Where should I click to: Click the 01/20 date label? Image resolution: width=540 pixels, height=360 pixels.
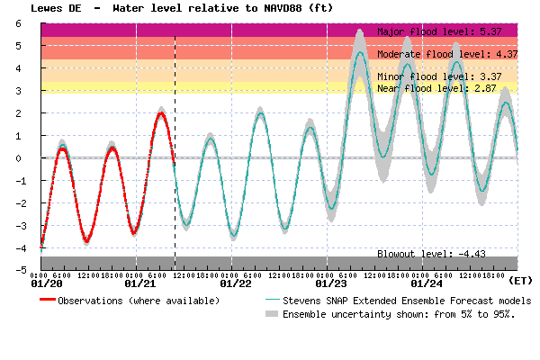click(x=47, y=284)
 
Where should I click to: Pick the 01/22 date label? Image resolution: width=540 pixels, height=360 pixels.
click(x=235, y=284)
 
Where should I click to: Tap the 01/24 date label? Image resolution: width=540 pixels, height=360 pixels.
click(x=425, y=284)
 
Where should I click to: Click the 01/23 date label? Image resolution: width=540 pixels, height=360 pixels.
click(x=329, y=284)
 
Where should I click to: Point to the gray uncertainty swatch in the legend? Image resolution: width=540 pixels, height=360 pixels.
click(x=272, y=315)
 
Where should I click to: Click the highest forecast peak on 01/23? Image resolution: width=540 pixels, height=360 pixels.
click(x=360, y=52)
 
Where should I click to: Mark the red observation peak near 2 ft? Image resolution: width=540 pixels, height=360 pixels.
click(x=161, y=113)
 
